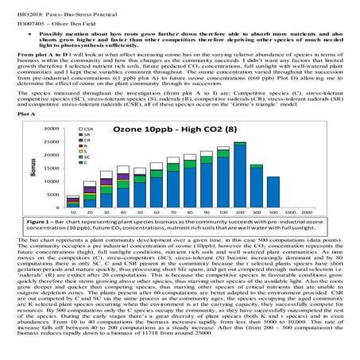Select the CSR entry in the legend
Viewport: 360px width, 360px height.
89,150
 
